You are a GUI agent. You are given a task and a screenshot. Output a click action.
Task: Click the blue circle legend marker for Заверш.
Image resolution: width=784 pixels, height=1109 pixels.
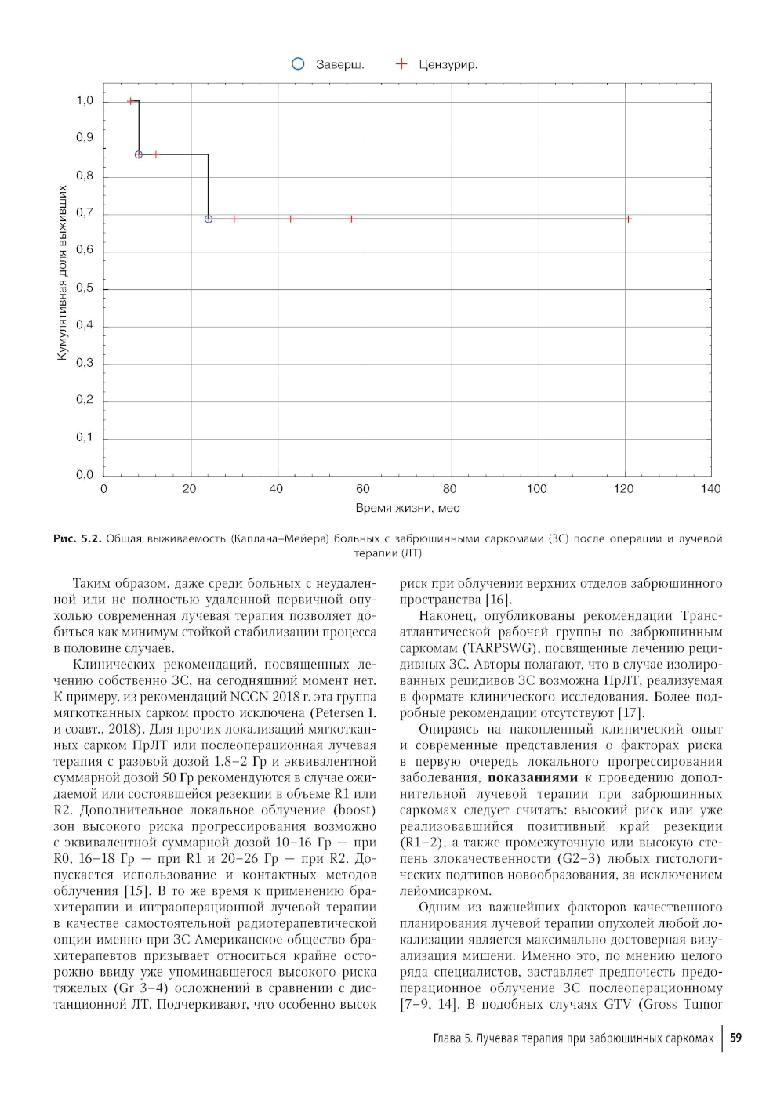298,64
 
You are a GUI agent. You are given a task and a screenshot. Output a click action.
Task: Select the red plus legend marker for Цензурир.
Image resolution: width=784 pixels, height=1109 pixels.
401,64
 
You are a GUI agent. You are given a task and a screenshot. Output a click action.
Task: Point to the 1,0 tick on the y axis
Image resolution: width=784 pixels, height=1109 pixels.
85,101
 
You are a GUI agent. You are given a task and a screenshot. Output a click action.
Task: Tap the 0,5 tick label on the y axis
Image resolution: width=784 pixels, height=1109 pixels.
85,288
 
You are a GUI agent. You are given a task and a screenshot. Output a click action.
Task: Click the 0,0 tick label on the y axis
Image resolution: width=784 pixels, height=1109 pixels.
85,474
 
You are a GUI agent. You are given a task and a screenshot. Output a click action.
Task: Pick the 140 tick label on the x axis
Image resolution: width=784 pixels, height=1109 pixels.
710,489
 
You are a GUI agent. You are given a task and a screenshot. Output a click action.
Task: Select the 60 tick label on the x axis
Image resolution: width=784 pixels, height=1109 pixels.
363,489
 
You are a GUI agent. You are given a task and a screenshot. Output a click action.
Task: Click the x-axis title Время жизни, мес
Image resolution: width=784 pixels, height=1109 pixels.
408,508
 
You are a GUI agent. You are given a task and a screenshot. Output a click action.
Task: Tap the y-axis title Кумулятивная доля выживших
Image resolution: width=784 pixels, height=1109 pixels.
62,274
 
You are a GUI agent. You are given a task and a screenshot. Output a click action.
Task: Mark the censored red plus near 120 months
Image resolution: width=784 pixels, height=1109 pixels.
628,219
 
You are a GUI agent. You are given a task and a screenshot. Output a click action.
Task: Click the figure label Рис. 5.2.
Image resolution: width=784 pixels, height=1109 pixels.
77,538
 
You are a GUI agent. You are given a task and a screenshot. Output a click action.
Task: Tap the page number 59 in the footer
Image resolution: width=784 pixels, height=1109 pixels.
735,1038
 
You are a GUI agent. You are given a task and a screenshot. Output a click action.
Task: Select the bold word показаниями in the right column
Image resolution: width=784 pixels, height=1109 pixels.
532,778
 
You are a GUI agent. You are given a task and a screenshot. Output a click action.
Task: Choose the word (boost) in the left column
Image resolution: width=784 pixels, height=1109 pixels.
354,810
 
